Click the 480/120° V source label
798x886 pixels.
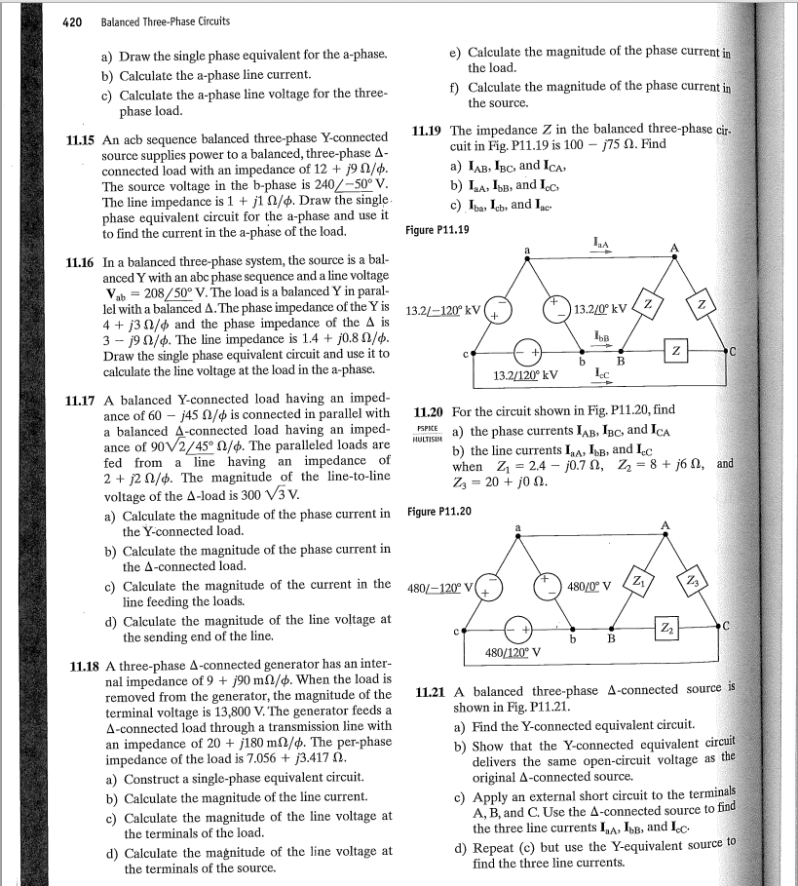514,652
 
